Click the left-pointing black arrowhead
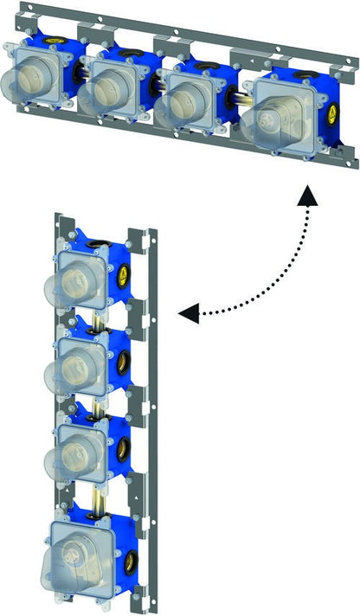tap(189, 312)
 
